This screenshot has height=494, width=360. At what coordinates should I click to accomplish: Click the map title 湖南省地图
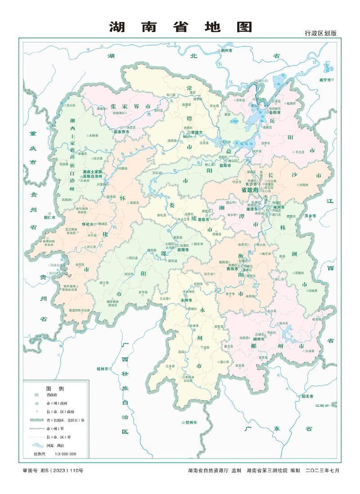click(x=180, y=27)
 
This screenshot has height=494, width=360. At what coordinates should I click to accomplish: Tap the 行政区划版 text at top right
click(x=320, y=33)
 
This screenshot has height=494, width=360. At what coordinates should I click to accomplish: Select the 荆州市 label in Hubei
click(x=228, y=51)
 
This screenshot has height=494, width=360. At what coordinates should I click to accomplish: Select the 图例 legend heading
click(x=55, y=388)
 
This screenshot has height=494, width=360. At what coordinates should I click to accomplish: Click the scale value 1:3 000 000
click(x=66, y=454)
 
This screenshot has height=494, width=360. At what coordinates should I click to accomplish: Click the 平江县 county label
click(x=299, y=152)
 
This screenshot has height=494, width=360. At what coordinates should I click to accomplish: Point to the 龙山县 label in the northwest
click(x=71, y=105)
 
